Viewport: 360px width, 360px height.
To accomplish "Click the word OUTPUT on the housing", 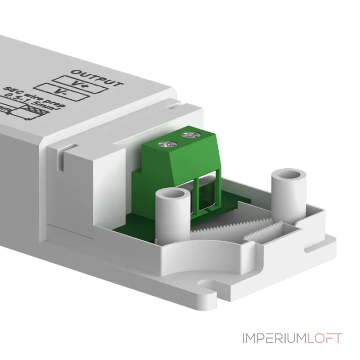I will pyautogui.click(x=97, y=77).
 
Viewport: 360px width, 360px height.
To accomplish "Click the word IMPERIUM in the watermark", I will pyautogui.click(x=274, y=338).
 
